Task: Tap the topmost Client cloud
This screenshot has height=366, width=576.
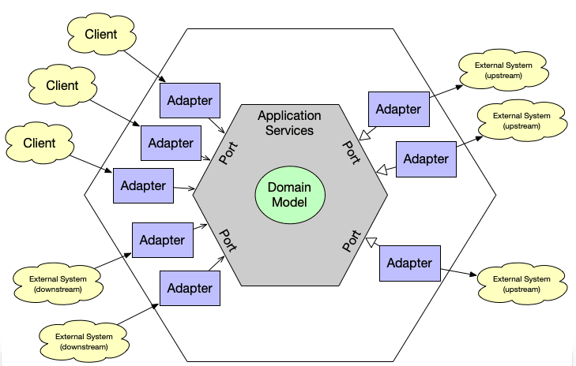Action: coord(100,34)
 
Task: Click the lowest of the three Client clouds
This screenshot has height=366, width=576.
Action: coord(40,143)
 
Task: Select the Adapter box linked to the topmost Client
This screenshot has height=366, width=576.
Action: coord(190,101)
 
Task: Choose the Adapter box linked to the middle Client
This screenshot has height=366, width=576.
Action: coord(171,143)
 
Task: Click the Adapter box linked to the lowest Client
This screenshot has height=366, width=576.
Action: coord(143,186)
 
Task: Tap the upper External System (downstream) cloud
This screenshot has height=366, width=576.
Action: coord(58,283)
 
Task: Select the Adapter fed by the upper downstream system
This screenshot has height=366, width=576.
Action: coord(162,240)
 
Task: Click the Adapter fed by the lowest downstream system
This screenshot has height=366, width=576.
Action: coord(190,288)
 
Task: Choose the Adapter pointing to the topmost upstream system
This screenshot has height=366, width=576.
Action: coord(398,109)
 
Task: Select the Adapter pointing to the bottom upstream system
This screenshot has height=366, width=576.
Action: coord(409,263)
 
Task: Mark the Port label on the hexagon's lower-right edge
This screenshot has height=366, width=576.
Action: coord(352,241)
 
